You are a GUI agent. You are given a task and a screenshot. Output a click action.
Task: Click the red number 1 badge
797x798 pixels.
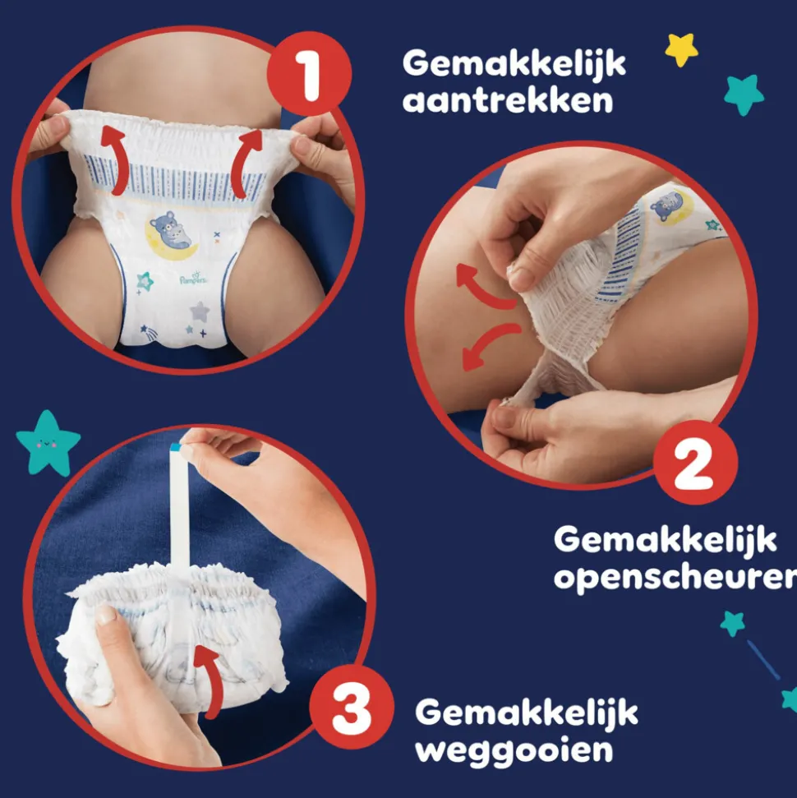coord(309,75)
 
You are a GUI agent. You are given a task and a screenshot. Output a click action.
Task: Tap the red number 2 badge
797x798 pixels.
coord(695,463)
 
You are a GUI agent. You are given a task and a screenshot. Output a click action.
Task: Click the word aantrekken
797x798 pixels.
coord(508,102)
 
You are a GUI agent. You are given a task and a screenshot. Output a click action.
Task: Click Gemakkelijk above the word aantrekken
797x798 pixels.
coord(514,62)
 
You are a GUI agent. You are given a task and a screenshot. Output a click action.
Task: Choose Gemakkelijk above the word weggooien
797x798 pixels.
coord(526,712)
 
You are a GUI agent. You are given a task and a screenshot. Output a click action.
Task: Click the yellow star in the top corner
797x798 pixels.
coord(681,49)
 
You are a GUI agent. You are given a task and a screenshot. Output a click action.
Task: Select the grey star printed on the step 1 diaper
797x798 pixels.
coord(200,311)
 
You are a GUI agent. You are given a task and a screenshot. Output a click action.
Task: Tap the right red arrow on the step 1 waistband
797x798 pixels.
coord(245,162)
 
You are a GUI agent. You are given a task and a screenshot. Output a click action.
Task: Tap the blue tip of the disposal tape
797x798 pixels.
coord(176,447)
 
